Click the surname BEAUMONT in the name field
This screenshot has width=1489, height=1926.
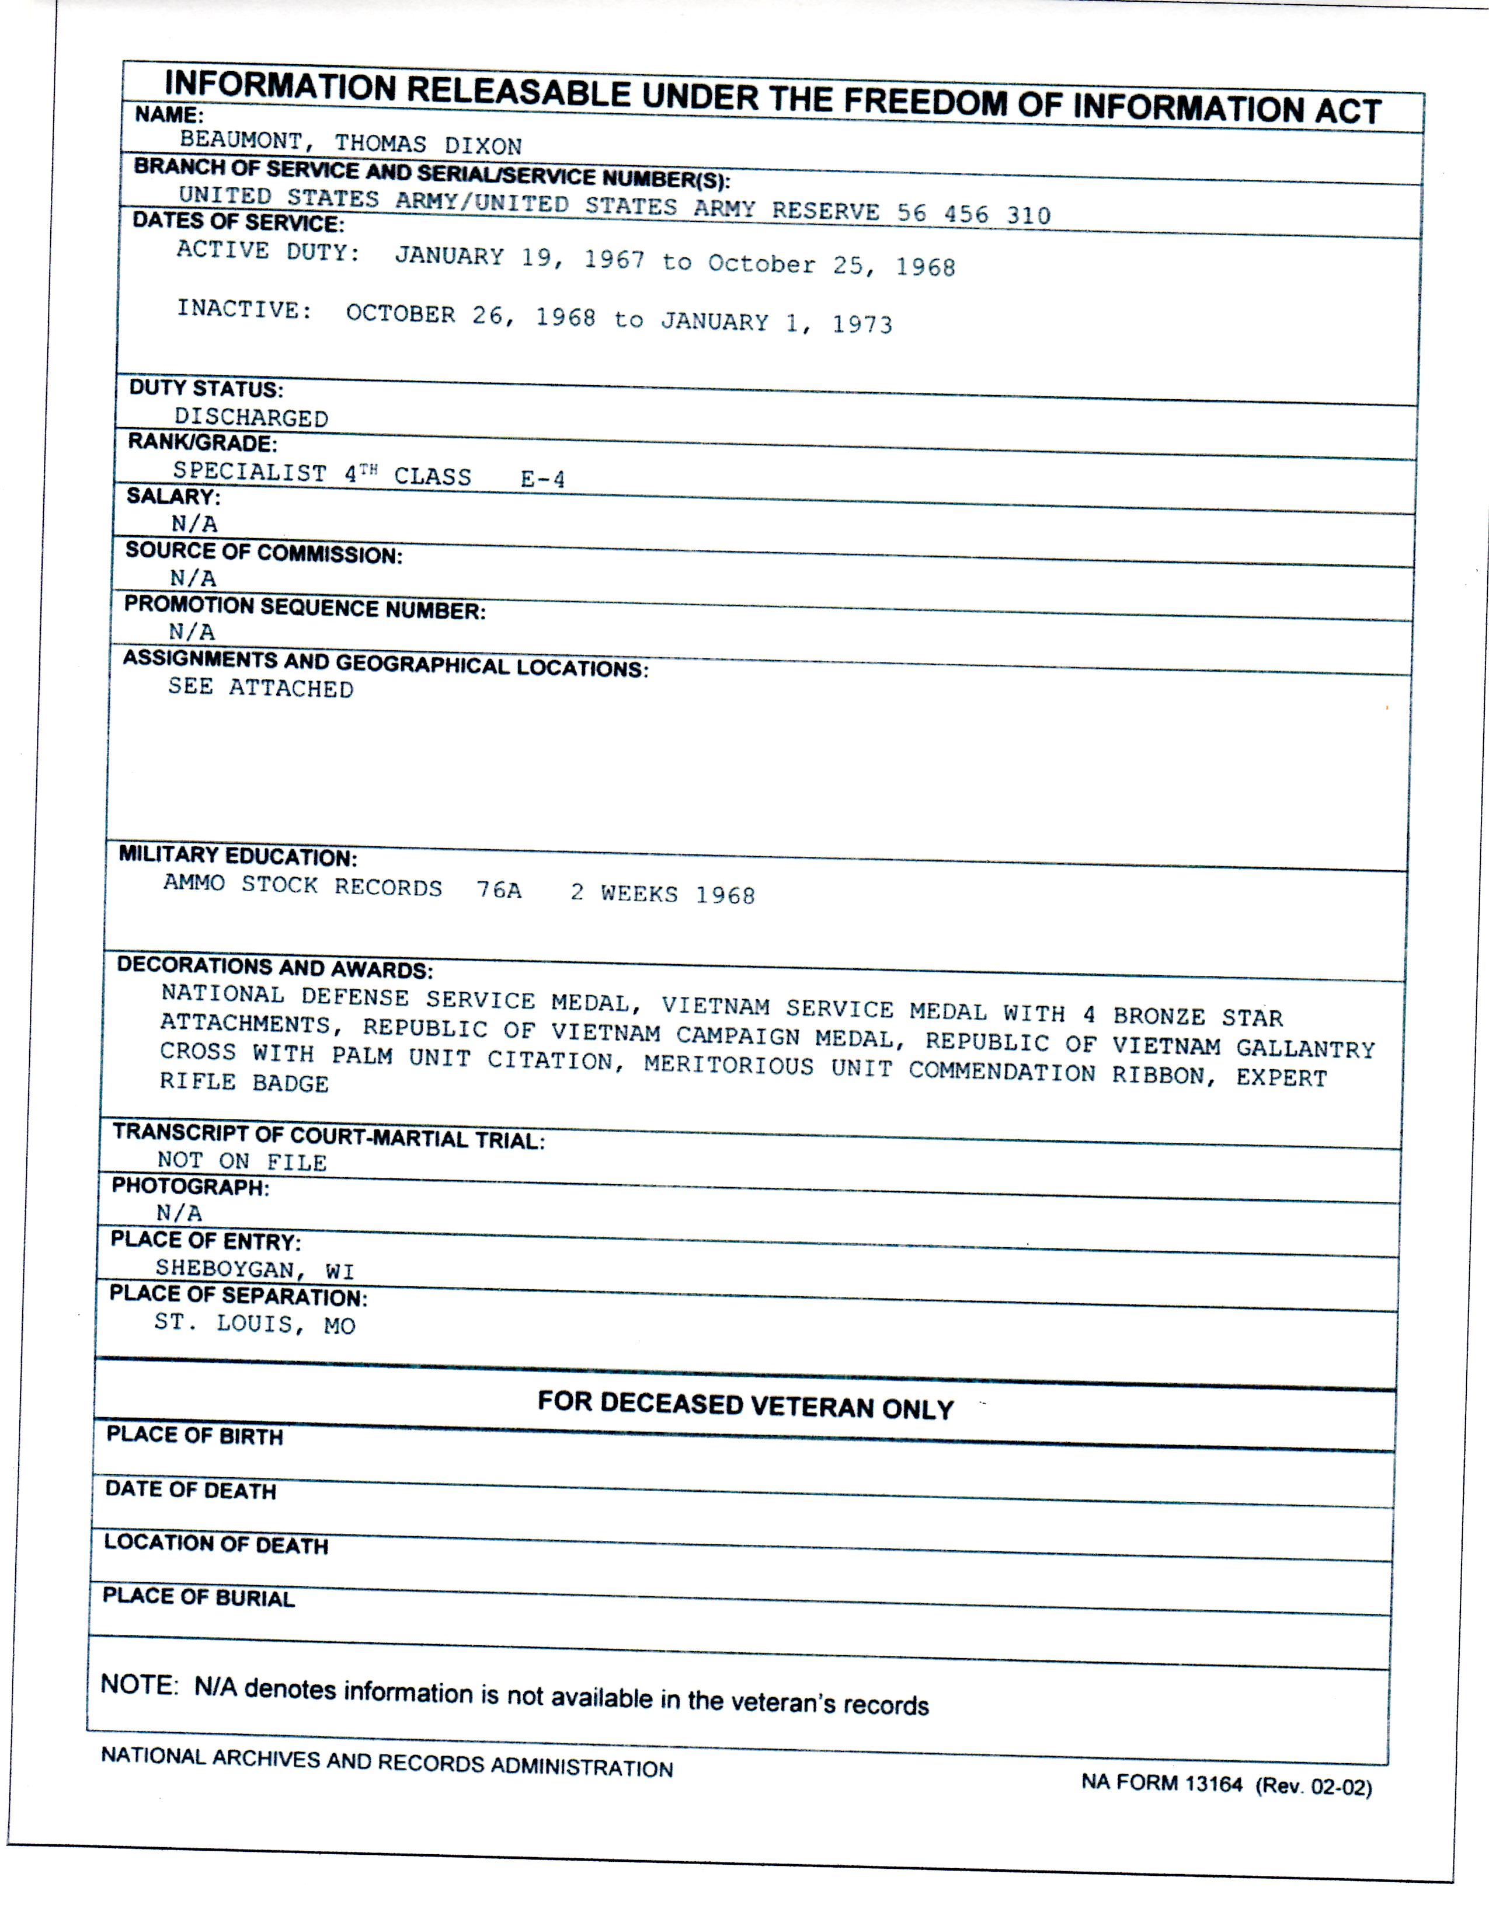coord(240,140)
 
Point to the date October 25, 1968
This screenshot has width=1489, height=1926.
coord(831,264)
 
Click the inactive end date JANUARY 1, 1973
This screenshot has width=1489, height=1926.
coord(776,323)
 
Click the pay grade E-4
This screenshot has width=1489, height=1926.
coord(542,479)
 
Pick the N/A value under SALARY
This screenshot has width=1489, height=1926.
coord(194,524)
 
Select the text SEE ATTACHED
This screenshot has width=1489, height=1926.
coord(260,688)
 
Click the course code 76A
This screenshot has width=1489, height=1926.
coord(499,890)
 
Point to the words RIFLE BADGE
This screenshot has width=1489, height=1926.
coord(243,1082)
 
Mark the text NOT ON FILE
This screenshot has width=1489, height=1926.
coord(242,1161)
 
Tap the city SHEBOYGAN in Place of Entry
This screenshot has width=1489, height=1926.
coord(224,1269)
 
